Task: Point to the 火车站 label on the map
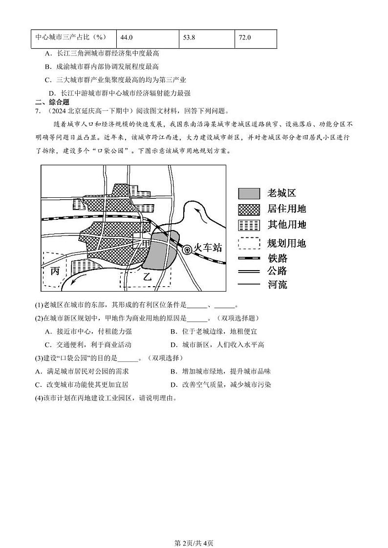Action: pos(207,248)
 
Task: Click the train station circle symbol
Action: pos(186,249)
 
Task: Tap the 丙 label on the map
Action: pos(55,270)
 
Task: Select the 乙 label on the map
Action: pos(147,276)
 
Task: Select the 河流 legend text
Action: pos(277,284)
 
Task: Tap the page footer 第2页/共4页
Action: pos(194,529)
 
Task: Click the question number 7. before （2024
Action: pos(38,111)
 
